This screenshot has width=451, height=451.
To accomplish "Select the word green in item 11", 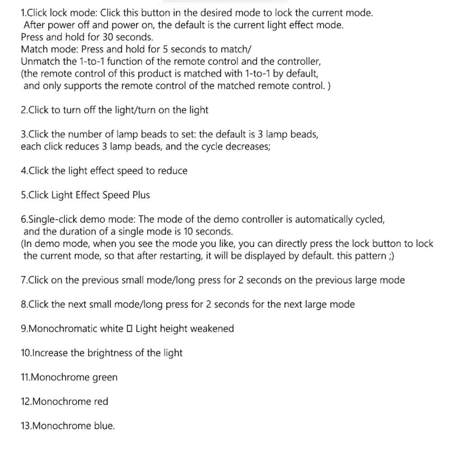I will tap(105, 378).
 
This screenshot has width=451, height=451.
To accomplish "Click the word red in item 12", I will tap(101, 401).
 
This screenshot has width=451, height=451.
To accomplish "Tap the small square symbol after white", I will tap(129, 329).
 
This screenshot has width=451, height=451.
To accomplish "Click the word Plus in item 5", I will tap(141, 195).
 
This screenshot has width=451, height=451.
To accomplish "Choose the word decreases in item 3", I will tap(247, 146).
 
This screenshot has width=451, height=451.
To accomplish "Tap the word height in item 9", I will tap(173, 329).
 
